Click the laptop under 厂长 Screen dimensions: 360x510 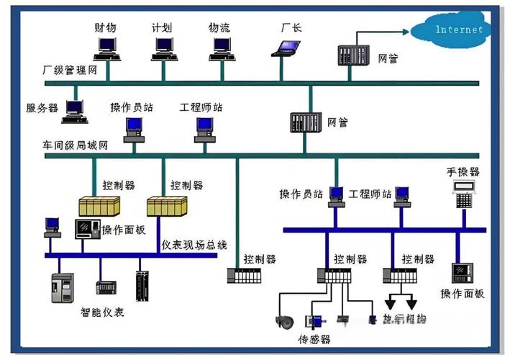(287, 48)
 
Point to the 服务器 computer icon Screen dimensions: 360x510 (75, 109)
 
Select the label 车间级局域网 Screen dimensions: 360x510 (76, 145)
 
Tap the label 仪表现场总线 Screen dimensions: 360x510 (193, 245)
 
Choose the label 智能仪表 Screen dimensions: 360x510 (101, 312)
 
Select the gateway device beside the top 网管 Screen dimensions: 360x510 (353, 56)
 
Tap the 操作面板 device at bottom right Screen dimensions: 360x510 (462, 272)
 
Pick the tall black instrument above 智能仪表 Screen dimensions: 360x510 (142, 285)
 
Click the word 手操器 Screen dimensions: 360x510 (463, 172)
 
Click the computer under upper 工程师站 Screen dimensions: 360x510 (204, 129)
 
